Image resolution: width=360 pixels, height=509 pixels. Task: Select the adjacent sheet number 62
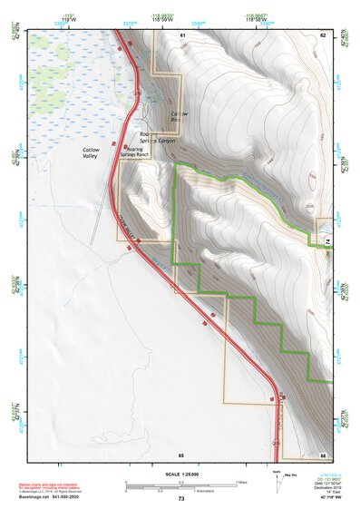pyautogui.click(x=322, y=34)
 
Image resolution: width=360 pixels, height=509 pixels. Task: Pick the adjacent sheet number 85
pyautogui.click(x=180, y=453)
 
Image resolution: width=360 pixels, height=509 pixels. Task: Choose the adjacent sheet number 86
pyautogui.click(x=322, y=453)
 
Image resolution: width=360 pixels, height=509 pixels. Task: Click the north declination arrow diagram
pyautogui.click(x=277, y=482)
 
